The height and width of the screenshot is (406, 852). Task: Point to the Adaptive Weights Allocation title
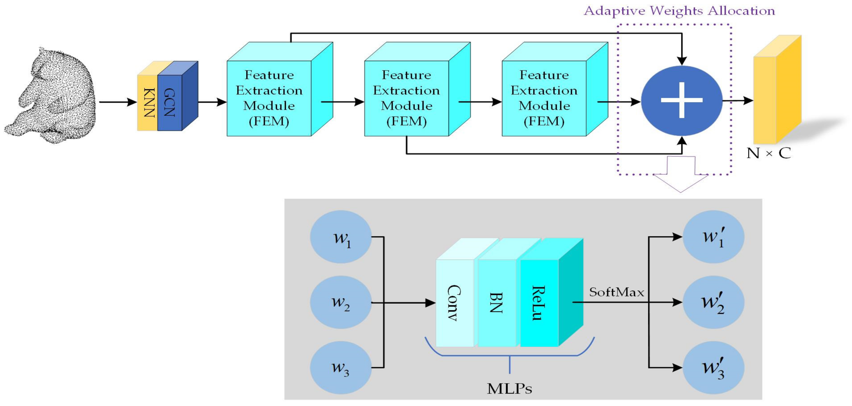679,11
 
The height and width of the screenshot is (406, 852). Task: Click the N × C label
769,153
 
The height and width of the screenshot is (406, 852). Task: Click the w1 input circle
341,237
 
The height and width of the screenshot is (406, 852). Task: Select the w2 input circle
341,302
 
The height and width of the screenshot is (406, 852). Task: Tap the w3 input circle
341,368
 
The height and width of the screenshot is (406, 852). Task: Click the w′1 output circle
714,237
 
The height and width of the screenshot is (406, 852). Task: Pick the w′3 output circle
714,368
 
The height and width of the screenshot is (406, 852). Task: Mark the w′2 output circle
714,302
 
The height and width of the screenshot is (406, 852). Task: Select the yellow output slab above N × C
777,89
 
